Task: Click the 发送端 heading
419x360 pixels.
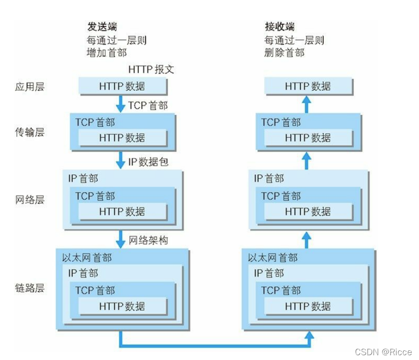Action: (102, 26)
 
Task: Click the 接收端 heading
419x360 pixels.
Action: (280, 26)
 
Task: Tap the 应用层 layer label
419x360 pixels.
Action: (30, 87)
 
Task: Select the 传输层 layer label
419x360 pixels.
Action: (30, 132)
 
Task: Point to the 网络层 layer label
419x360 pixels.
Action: (30, 200)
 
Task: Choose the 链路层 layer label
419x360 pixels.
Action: (30, 288)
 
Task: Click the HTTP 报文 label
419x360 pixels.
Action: (151, 69)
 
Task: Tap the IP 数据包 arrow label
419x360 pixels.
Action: (148, 162)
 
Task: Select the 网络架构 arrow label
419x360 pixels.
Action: (148, 240)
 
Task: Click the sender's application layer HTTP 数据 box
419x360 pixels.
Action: (122, 87)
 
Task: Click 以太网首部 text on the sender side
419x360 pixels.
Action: (87, 258)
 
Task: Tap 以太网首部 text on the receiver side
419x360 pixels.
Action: (272, 258)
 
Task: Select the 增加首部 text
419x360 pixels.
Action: (106, 53)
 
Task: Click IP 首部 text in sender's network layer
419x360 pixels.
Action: (83, 179)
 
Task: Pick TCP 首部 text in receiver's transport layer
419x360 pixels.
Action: (281, 123)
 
